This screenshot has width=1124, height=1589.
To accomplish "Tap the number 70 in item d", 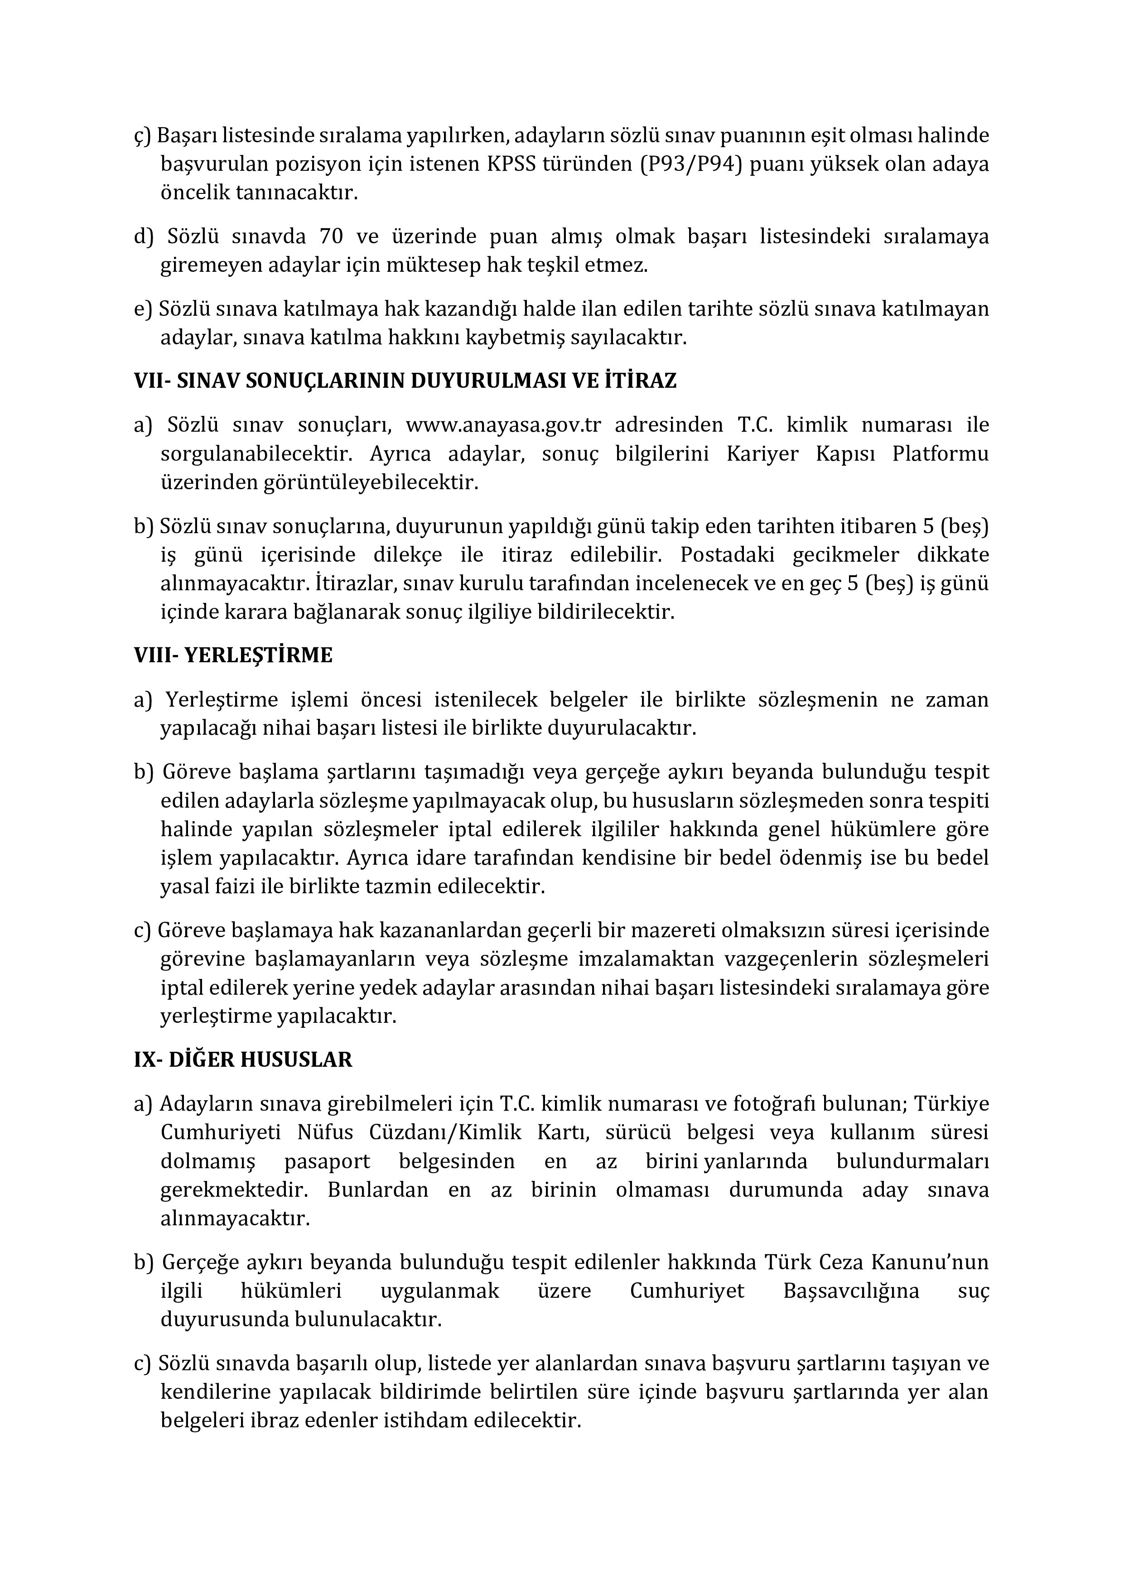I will pyautogui.click(x=332, y=237).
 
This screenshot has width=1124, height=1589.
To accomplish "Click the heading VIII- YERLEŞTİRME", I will pyautogui.click(x=233, y=655).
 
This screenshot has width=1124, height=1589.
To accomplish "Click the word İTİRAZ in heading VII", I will pyautogui.click(x=640, y=380).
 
